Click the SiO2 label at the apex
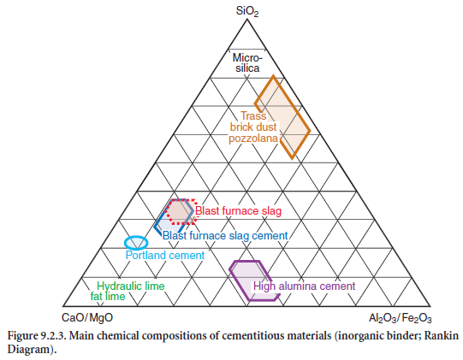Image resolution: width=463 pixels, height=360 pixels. click(x=247, y=12)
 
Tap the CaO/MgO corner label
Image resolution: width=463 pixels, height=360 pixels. click(x=87, y=318)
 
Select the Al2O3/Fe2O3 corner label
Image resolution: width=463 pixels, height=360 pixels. click(x=401, y=318)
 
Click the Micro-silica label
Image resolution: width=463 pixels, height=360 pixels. click(x=247, y=63)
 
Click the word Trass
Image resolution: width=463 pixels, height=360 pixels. click(x=253, y=116)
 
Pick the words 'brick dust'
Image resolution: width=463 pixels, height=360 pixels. click(x=253, y=127)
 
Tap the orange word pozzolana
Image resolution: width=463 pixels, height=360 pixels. click(x=253, y=139)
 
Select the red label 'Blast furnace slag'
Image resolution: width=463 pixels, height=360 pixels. click(x=238, y=211)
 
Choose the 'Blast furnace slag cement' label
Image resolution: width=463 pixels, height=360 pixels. click(x=225, y=235)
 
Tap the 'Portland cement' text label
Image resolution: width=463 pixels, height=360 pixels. click(x=165, y=255)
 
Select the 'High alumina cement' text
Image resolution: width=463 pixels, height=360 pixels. click(x=305, y=286)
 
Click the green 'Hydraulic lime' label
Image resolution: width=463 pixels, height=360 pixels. click(x=131, y=286)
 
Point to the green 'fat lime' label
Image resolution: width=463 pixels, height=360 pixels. click(x=108, y=296)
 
